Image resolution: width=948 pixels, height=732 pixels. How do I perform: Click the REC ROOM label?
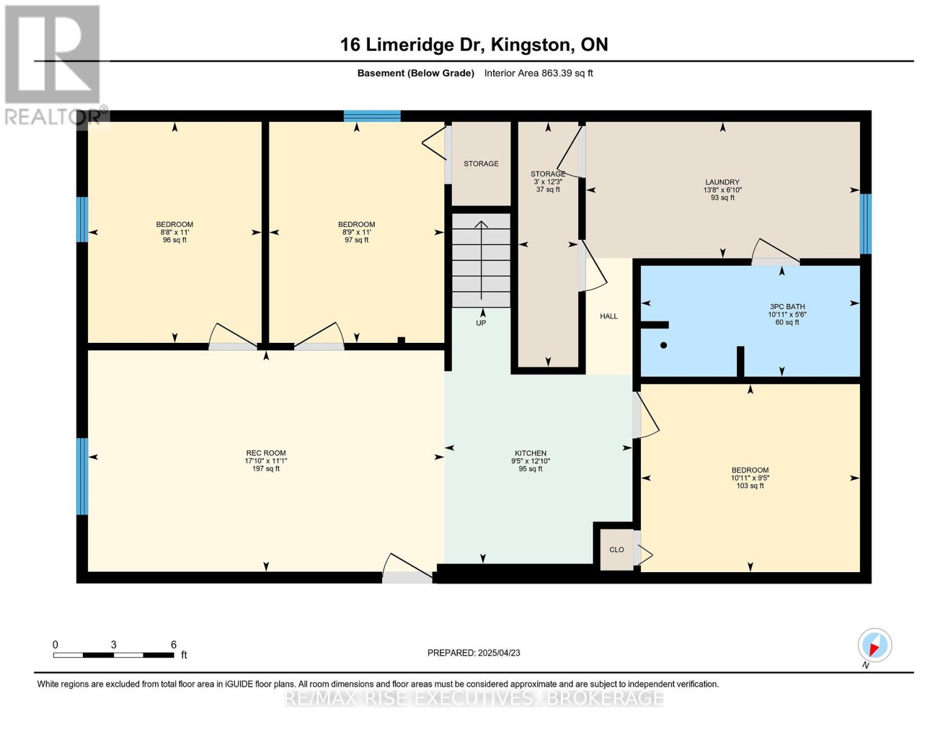coord(266,453)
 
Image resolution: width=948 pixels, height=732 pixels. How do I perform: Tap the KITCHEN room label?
coord(530,453)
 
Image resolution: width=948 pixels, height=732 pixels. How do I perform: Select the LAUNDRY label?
coord(722,182)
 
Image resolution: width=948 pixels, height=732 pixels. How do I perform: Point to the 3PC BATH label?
coord(787,306)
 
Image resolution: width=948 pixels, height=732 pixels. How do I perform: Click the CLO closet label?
coord(617,550)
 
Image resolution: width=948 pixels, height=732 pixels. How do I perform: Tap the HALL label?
coord(609,316)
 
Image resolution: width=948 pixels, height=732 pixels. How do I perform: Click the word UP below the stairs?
coord(481,323)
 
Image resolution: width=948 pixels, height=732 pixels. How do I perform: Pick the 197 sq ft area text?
coord(266,468)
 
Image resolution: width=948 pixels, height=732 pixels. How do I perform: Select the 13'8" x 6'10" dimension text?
coord(722,190)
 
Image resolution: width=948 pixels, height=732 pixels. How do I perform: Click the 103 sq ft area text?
coord(750,486)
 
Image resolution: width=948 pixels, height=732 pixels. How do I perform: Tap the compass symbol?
coord(875,645)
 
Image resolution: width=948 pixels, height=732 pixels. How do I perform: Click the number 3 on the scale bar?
coord(114,644)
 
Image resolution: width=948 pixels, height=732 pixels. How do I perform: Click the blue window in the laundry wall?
coord(866,224)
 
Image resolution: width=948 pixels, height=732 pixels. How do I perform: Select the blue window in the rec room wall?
coord(82,476)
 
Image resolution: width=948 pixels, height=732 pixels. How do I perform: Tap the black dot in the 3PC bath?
coord(664,345)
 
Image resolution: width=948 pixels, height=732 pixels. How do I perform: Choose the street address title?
coord(474,45)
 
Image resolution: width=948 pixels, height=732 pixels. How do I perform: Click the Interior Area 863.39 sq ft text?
coord(538,73)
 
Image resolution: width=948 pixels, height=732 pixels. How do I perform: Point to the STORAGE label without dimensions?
coord(481,163)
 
